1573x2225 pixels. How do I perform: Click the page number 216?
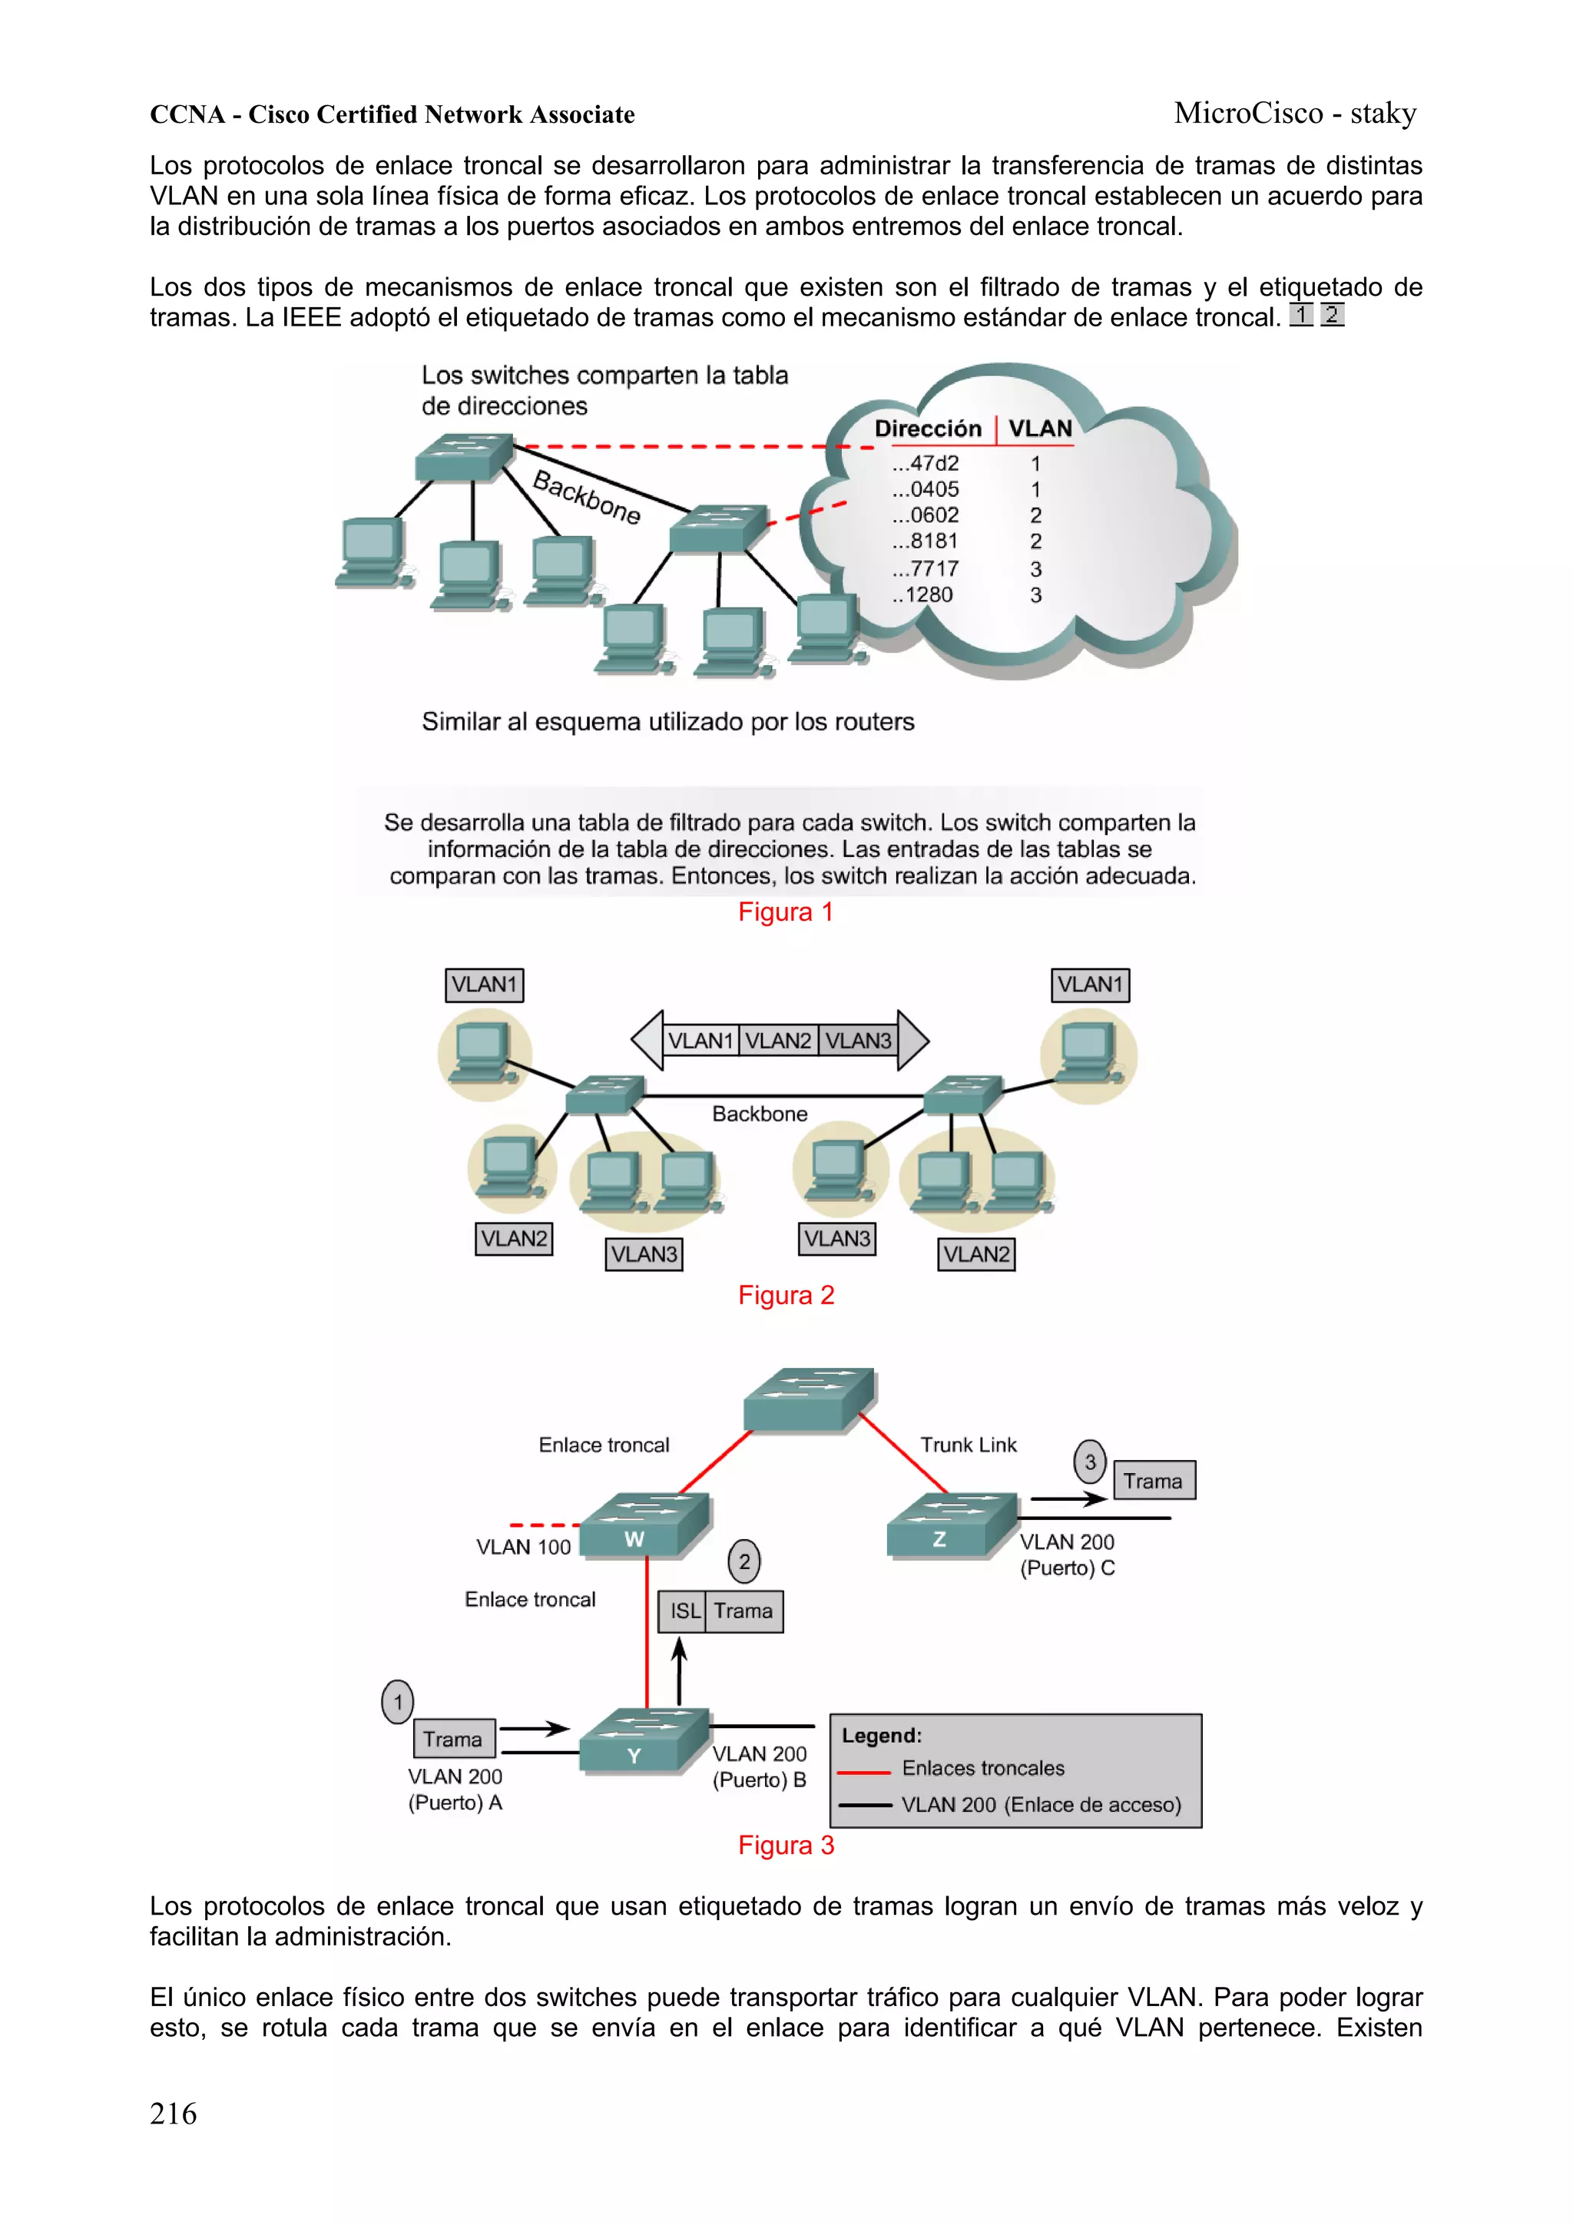click(173, 2113)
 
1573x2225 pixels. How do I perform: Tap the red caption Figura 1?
click(785, 912)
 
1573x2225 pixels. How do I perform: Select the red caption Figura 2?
click(785, 1295)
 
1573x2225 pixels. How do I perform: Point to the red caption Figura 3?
click(785, 1845)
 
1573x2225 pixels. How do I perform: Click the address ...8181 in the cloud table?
click(925, 541)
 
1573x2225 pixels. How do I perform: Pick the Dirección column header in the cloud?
click(928, 429)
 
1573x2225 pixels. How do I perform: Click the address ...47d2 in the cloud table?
click(925, 463)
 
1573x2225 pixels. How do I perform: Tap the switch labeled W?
click(644, 1526)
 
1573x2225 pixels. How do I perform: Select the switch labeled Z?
click(951, 1525)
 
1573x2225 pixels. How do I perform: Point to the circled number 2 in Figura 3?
click(744, 1561)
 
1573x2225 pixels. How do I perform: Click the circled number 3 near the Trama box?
click(1089, 1462)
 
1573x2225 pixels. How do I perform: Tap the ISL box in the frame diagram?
click(684, 1611)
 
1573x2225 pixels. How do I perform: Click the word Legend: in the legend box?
click(881, 1736)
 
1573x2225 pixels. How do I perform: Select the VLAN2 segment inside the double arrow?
click(778, 1041)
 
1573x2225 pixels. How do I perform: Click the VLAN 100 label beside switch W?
click(523, 1548)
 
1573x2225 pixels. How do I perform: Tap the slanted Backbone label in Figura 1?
click(586, 496)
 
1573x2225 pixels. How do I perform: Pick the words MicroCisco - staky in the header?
click(1295, 114)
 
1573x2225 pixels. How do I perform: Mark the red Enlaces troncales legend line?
click(863, 1771)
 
